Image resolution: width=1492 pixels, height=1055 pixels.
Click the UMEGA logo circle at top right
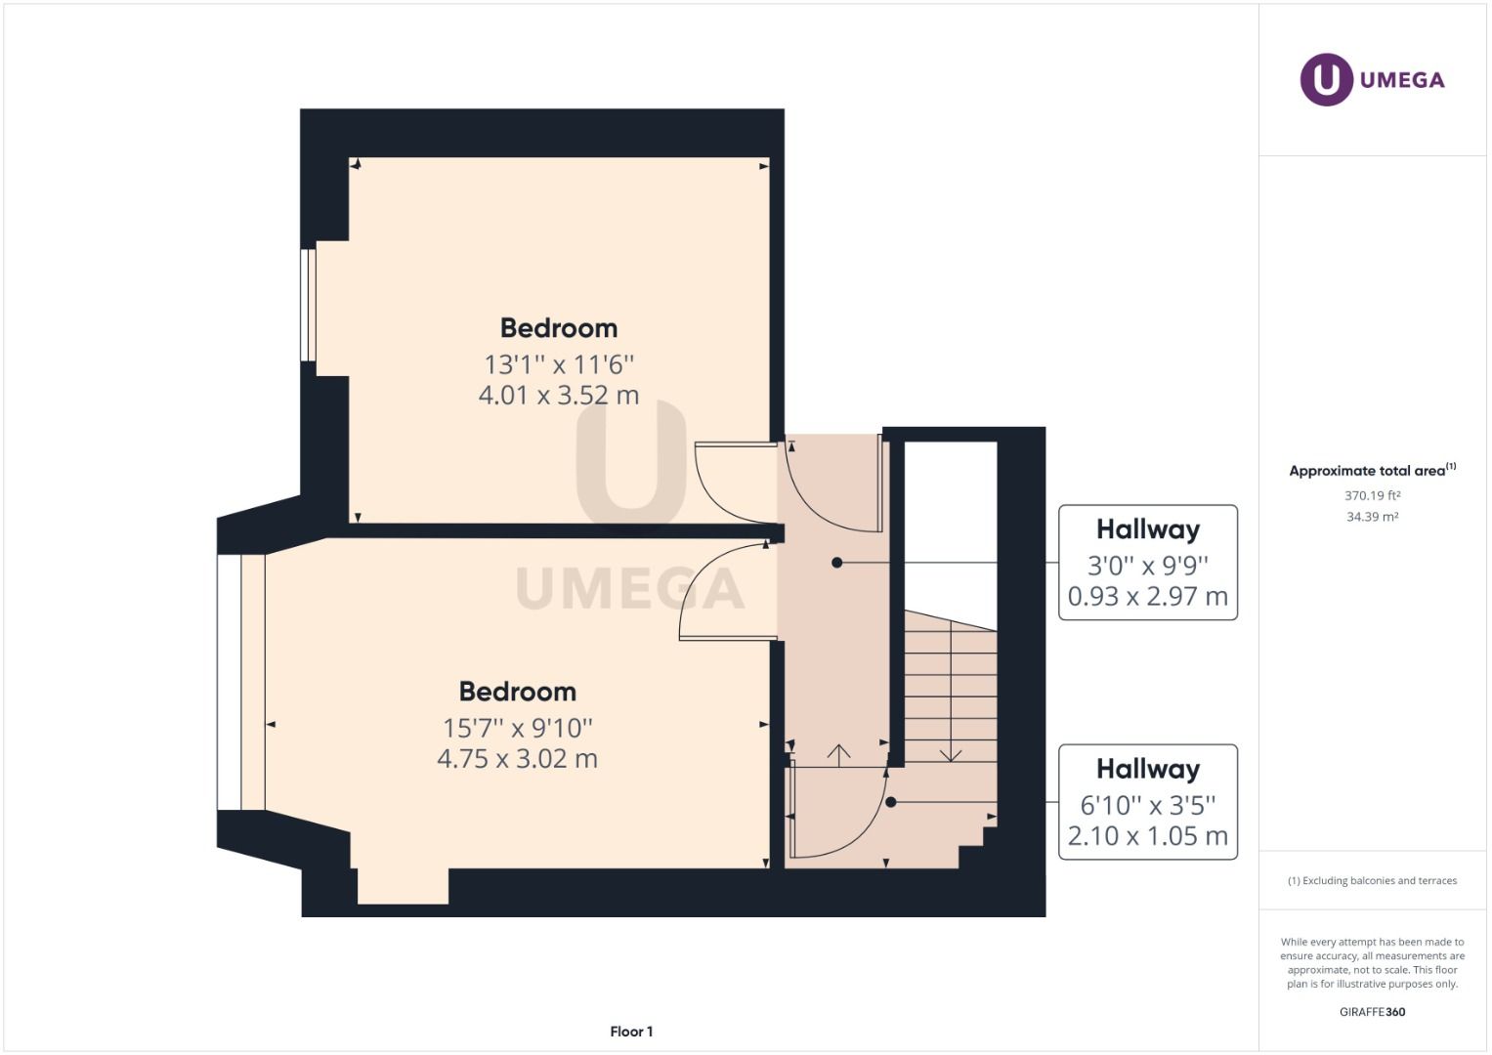tap(1326, 79)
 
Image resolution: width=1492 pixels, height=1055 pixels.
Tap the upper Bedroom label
tap(558, 328)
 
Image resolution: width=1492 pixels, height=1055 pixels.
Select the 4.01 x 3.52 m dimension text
tap(558, 396)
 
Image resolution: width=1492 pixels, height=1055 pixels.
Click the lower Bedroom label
tap(517, 692)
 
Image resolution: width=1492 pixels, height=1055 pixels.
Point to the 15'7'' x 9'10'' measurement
tap(517, 728)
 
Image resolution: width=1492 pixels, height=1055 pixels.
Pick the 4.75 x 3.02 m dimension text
tap(517, 759)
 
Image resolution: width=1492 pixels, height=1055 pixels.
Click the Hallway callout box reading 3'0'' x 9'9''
tap(1147, 563)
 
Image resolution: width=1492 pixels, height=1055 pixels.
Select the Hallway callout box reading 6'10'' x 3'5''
tap(1147, 802)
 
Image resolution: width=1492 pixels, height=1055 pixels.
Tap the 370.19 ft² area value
tap(1372, 495)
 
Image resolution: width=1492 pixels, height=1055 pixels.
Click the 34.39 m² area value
tap(1372, 517)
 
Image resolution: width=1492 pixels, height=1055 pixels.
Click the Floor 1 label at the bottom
tap(631, 1032)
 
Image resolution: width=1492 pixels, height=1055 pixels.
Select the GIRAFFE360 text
tap(1372, 1012)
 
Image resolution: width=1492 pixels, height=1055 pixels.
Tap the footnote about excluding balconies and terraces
tap(1372, 881)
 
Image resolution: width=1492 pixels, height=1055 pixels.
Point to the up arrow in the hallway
tap(838, 752)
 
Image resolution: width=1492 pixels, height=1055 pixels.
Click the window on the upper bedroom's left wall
tap(308, 305)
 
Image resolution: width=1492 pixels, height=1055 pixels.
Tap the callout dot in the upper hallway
tap(836, 563)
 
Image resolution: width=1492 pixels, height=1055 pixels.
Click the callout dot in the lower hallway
tap(890, 802)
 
